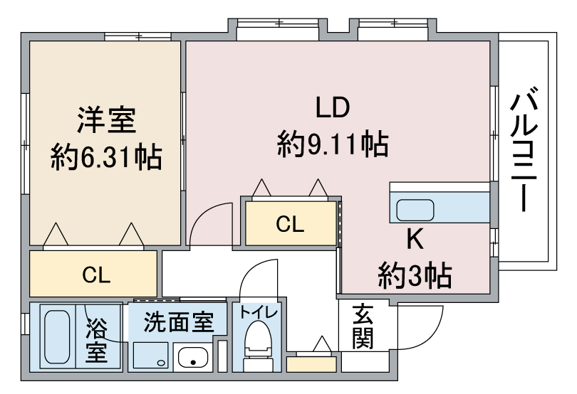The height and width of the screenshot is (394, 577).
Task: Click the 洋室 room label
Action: coord(106,119)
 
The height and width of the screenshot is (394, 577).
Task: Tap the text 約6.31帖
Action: coord(106,158)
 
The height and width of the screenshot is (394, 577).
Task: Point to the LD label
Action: coord(333,107)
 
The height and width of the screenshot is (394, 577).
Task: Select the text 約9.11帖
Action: coord(333,144)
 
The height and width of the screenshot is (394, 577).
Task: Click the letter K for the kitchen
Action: coord(415,239)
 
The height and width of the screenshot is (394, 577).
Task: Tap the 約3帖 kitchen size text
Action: coord(415,276)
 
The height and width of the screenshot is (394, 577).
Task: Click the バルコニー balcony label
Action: coord(524,149)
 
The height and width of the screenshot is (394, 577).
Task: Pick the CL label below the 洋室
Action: coord(96,275)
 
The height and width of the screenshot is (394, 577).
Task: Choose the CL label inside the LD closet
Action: coord(290,224)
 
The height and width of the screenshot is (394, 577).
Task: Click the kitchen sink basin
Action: coord(415,210)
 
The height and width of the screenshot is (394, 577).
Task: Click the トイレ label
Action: coord(259,313)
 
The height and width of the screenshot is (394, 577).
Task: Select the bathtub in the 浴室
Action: coord(58,336)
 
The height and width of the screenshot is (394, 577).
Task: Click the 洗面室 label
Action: coord(179,322)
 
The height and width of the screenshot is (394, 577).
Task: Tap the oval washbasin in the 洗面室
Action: coord(193,357)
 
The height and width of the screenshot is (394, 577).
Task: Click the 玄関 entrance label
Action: coord(363,326)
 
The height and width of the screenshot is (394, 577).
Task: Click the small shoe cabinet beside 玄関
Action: coord(312,364)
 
